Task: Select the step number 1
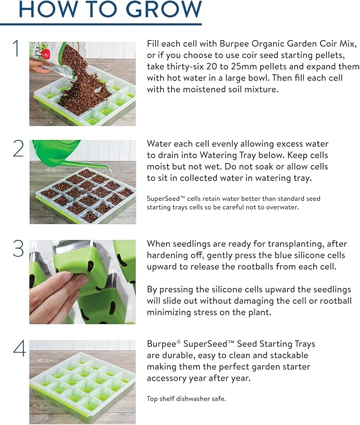click(x=16, y=49)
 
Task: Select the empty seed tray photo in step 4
click(x=82, y=382)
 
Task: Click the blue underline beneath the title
click(x=101, y=23)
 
